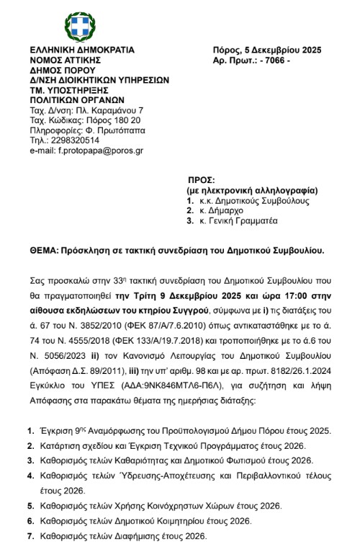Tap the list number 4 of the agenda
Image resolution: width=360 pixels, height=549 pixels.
[30, 476]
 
